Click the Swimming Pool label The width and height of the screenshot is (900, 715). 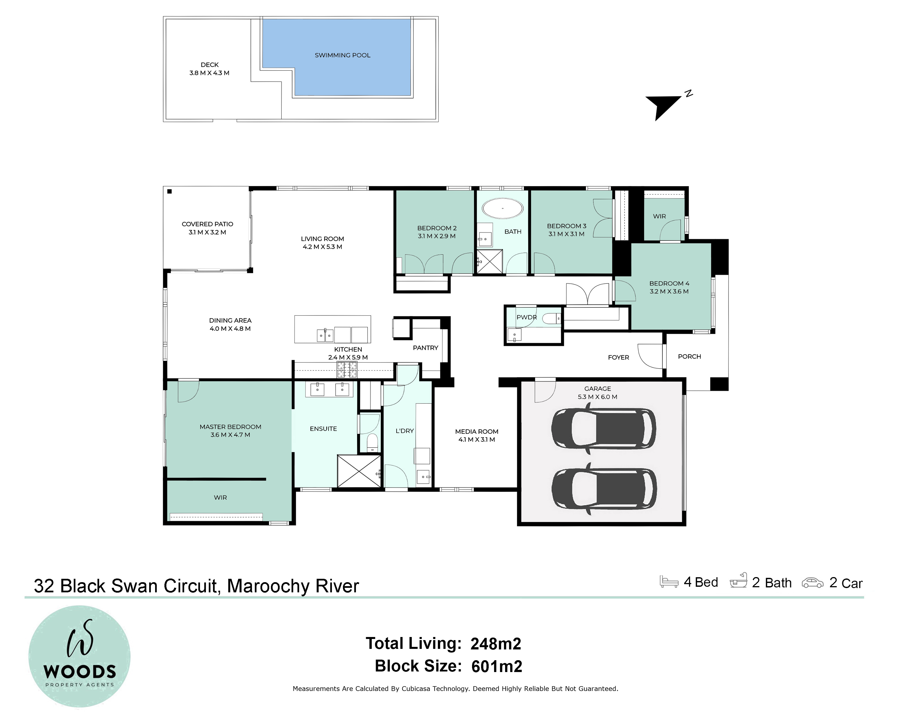[x=342, y=55]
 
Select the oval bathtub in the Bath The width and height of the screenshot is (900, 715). [x=503, y=208]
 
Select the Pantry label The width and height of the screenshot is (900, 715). [x=425, y=348]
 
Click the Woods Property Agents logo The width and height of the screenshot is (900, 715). [x=79, y=656]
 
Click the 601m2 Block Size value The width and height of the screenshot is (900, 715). [x=497, y=666]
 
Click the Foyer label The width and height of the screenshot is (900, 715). [x=618, y=357]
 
